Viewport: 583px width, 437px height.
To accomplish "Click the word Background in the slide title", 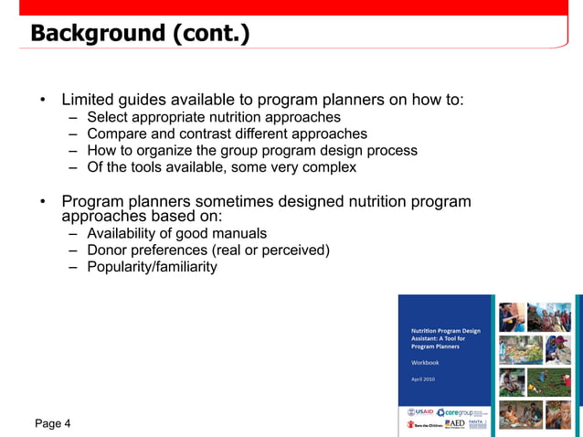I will (95, 34).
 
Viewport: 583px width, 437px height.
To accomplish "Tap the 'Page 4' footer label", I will (52, 423).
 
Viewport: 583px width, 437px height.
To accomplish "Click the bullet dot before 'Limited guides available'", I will (42, 100).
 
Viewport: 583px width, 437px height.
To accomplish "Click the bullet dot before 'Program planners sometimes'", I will (42, 201).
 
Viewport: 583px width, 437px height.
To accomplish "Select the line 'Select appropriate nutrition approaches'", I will (213, 117).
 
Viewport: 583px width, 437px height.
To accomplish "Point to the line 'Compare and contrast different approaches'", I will (227, 133).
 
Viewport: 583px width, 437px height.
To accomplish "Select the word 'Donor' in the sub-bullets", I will (107, 250).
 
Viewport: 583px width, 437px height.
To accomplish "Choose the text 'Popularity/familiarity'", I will (152, 267).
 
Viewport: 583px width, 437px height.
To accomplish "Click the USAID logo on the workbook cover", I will (419, 412).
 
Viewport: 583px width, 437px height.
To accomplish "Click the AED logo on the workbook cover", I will (454, 425).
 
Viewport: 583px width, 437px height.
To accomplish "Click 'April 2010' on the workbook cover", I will (423, 378).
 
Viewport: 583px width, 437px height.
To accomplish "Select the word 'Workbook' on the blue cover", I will (425, 362).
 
